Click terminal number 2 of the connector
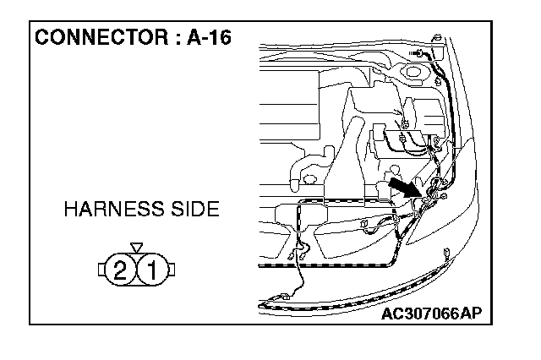(x=121, y=271)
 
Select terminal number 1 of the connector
(x=151, y=271)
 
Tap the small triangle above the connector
(x=136, y=248)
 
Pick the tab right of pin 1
(x=170, y=271)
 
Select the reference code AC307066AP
(x=430, y=314)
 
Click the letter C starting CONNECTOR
(x=41, y=39)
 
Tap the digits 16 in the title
(x=221, y=39)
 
